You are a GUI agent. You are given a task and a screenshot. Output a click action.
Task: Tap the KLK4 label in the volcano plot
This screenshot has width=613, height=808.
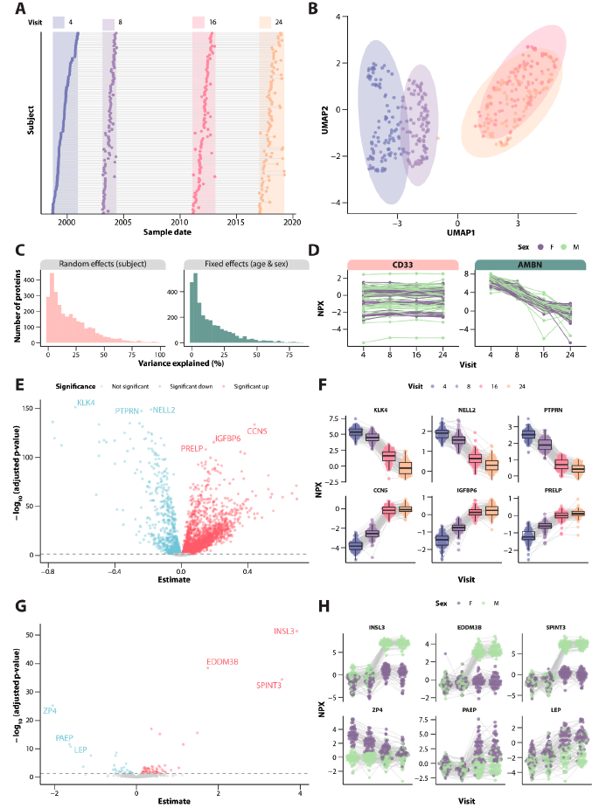click(86, 403)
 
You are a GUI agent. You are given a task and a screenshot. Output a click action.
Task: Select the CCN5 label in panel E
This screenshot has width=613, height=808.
click(257, 431)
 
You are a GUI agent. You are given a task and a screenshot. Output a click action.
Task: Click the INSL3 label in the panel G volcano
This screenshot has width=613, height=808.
click(284, 631)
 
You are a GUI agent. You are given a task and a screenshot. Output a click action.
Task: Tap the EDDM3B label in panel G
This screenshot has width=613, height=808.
click(222, 662)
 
